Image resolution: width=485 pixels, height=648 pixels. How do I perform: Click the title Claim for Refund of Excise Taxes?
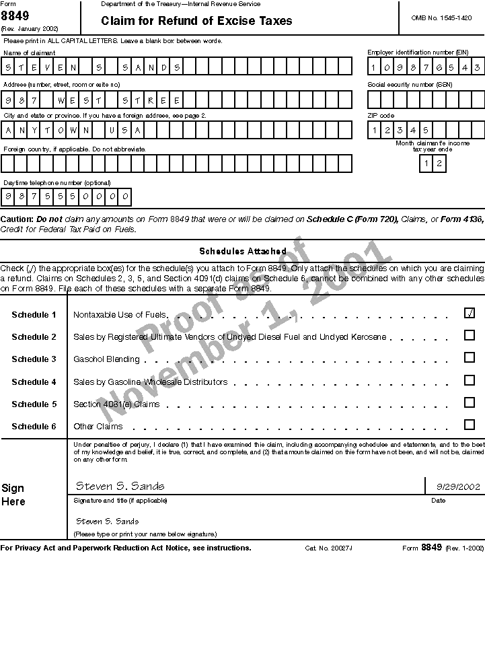pyautogui.click(x=196, y=21)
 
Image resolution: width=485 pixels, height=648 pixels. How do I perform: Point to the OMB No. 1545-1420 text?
pyautogui.click(x=441, y=17)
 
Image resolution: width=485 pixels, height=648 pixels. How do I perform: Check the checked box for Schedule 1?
pyautogui.click(x=470, y=313)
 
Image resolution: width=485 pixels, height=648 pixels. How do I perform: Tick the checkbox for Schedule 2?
pyautogui.click(x=470, y=335)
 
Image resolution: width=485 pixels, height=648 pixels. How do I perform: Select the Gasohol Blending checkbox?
pyautogui.click(x=470, y=357)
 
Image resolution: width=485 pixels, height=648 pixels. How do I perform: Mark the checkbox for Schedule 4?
pyautogui.click(x=470, y=380)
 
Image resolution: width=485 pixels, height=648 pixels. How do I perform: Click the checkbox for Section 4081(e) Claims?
pyautogui.click(x=470, y=402)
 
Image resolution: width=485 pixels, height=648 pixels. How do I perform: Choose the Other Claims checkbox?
pyautogui.click(x=470, y=425)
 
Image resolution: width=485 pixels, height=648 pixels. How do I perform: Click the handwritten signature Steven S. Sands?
pyautogui.click(x=120, y=486)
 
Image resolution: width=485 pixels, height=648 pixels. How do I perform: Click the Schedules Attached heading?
pyautogui.click(x=242, y=251)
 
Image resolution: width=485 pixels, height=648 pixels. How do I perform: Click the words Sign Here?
pyautogui.click(x=13, y=495)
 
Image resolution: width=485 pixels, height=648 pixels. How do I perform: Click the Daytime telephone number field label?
pyautogui.click(x=47, y=183)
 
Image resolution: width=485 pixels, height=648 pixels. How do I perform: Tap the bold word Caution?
pyautogui.click(x=16, y=219)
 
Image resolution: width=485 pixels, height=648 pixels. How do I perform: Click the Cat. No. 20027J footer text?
pyautogui.click(x=328, y=548)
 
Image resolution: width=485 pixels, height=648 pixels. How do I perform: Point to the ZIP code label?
pyautogui.click(x=381, y=116)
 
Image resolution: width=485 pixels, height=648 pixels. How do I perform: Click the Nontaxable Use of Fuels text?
pyautogui.click(x=119, y=314)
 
